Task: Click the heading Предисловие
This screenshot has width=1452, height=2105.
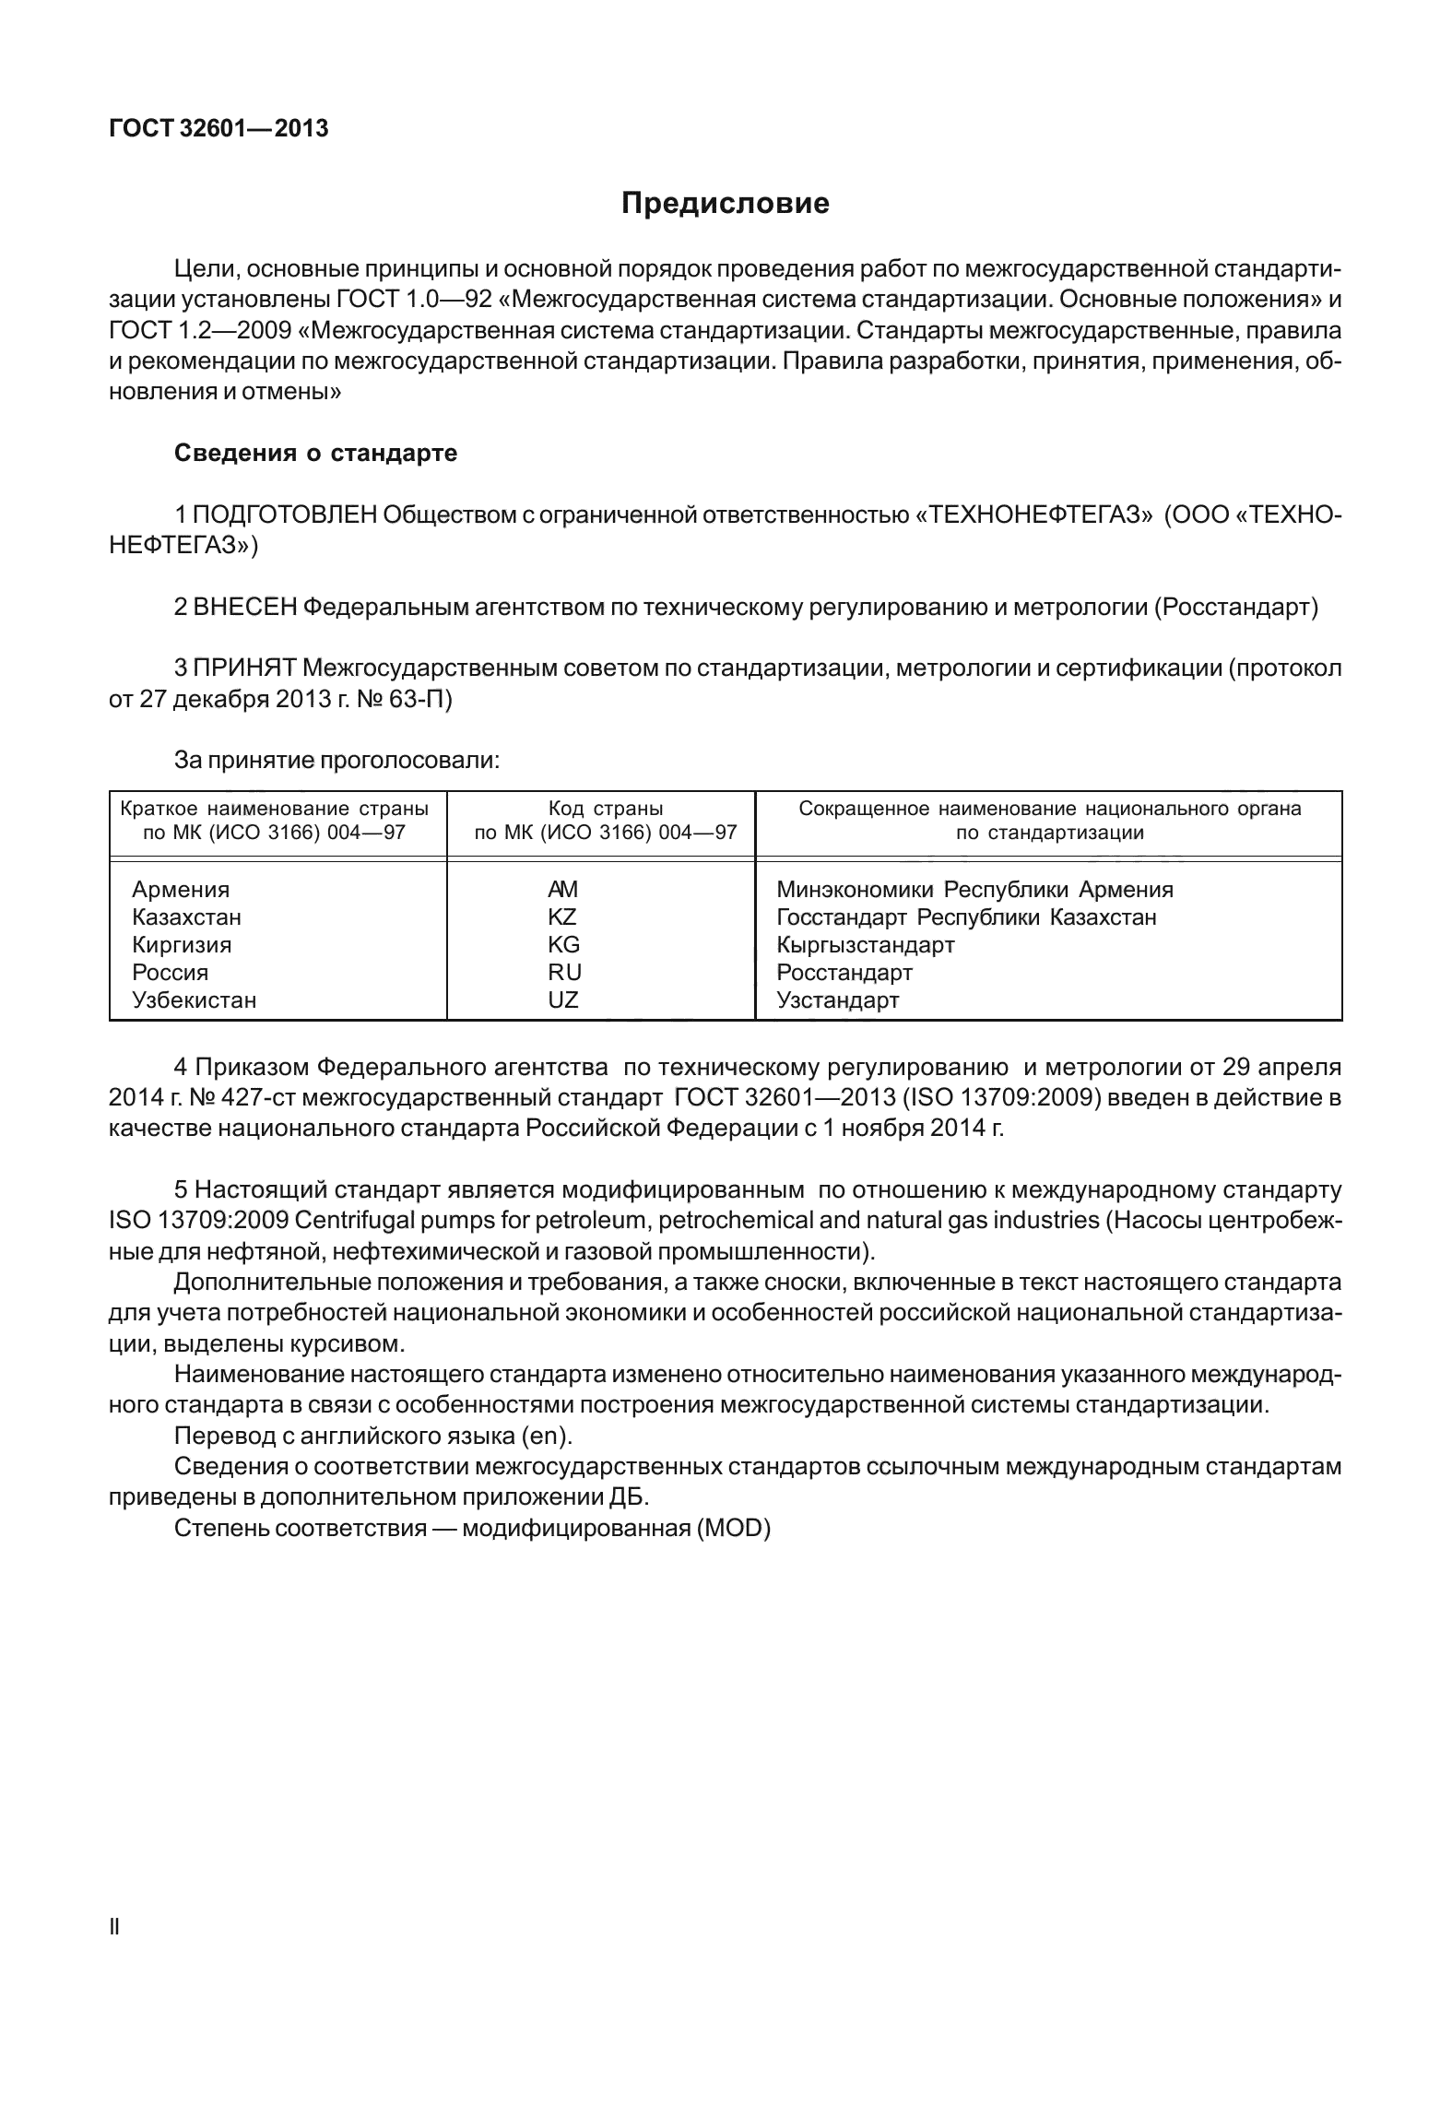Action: point(725,203)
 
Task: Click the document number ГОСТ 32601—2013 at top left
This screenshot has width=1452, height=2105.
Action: point(218,129)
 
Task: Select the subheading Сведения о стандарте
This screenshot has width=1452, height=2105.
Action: point(315,454)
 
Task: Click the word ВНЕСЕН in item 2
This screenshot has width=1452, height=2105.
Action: point(245,607)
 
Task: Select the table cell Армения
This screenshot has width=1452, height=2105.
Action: point(181,890)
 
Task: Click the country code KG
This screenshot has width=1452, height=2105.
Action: point(563,945)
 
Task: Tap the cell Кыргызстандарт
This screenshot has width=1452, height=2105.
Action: point(865,945)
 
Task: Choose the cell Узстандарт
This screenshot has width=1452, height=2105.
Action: point(837,1000)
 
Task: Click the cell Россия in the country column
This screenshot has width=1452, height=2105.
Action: point(170,973)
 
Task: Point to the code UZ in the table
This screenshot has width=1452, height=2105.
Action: point(562,1000)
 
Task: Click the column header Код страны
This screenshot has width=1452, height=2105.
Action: point(605,809)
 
